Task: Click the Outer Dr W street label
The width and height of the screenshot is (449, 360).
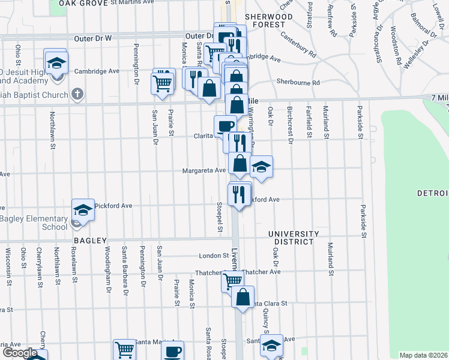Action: (x=93, y=38)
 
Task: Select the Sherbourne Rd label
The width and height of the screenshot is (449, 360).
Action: (x=298, y=82)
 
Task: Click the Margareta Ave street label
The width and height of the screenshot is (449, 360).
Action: (x=204, y=170)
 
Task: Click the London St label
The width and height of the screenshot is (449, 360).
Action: (x=211, y=256)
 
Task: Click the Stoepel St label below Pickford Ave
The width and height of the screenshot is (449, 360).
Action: (x=220, y=218)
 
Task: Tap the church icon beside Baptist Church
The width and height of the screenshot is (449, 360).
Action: (x=77, y=94)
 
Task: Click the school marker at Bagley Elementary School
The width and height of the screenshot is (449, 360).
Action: (x=83, y=210)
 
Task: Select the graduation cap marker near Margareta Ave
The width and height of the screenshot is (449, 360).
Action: (x=261, y=167)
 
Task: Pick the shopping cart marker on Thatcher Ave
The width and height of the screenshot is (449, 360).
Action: (x=232, y=280)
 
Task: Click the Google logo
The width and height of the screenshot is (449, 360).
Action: (x=20, y=353)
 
